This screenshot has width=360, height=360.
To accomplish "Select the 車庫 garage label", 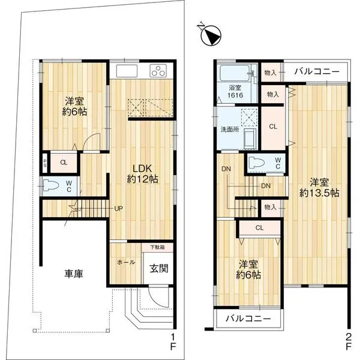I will [74, 274].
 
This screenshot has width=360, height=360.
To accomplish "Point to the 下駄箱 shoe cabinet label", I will [158, 247].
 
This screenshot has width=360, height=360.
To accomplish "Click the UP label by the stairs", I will [119, 209].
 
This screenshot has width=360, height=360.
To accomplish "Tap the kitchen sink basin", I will [127, 71].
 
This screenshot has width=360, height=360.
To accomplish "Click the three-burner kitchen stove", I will [159, 72].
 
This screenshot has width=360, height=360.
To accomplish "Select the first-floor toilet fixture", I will [53, 186].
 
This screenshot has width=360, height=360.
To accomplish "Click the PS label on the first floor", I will [45, 163].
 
